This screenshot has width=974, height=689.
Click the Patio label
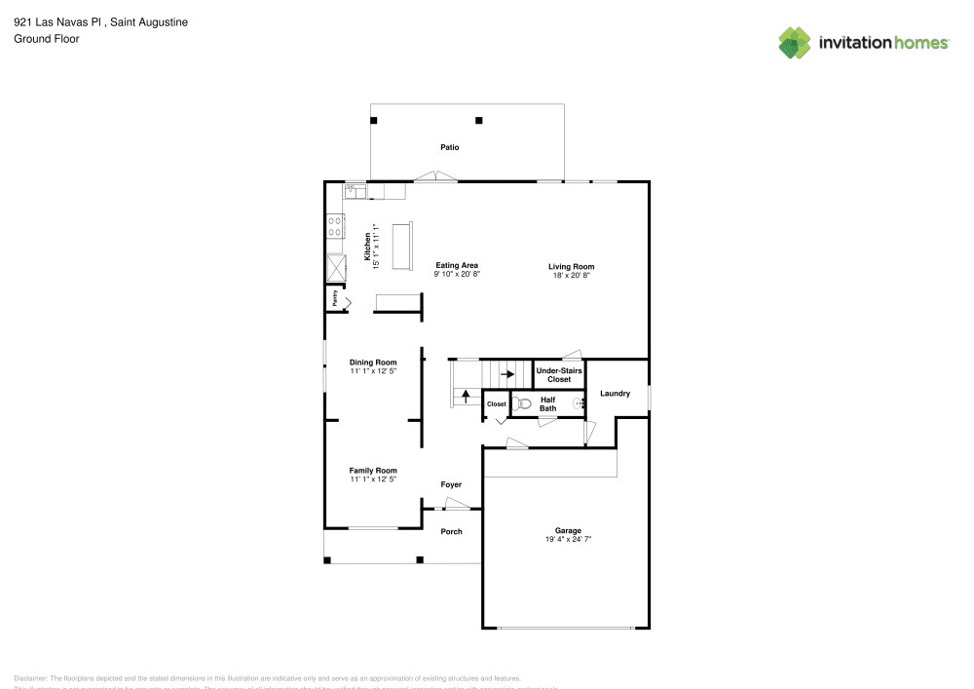point(449,147)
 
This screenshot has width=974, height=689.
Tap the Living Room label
point(571,266)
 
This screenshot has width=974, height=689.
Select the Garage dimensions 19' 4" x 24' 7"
point(568,540)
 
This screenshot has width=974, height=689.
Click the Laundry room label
point(615,394)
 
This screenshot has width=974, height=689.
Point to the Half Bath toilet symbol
point(523,402)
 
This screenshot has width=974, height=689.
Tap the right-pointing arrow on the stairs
point(506,373)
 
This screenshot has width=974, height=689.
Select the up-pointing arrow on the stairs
point(466,396)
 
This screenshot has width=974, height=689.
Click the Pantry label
point(335,300)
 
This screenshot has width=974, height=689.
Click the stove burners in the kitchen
point(334,226)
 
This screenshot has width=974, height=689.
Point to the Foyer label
point(451,484)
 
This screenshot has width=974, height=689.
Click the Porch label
point(451,531)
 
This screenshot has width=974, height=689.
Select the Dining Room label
point(373,363)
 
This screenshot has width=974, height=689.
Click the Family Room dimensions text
point(373,479)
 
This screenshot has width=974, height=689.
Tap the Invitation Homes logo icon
point(795,42)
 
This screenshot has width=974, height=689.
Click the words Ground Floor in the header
point(47,39)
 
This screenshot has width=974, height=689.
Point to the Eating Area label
point(456,265)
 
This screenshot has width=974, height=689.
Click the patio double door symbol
point(434,176)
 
